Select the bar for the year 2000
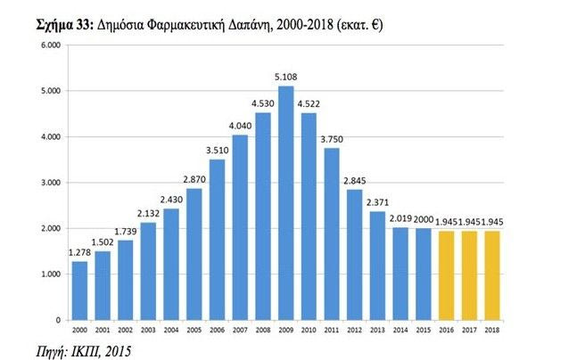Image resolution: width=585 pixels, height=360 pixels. [79, 290]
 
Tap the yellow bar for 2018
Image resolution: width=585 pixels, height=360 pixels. [491, 274]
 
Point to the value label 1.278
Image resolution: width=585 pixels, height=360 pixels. [79, 253]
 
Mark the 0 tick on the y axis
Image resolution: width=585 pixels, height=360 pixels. [55, 319]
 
